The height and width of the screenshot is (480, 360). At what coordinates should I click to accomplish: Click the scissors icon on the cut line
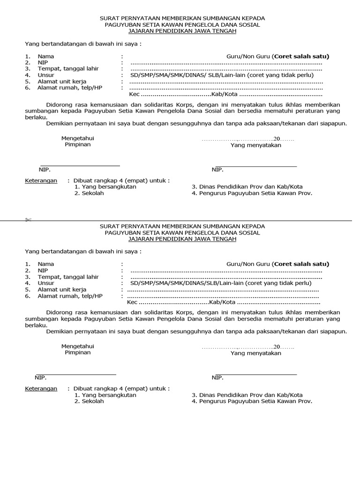click(28, 220)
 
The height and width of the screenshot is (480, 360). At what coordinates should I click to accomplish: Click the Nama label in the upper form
click(46, 56)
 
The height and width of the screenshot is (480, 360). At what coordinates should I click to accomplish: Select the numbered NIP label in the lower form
click(43, 270)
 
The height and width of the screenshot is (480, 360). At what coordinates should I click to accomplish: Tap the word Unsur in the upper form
click(46, 75)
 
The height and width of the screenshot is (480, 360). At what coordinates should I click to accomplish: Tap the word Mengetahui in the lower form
click(78, 346)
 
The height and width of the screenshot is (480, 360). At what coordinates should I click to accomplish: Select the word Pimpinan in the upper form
click(78, 144)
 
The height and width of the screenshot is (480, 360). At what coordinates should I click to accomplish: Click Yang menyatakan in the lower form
click(255, 353)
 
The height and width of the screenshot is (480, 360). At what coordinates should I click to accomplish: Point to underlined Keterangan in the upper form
click(41, 180)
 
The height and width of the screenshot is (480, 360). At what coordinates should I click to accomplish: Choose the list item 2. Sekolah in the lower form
click(89, 401)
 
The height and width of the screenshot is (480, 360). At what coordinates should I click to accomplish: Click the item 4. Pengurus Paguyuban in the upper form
click(252, 193)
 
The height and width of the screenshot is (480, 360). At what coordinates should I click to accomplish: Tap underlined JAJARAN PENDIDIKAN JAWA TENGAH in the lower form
click(182, 239)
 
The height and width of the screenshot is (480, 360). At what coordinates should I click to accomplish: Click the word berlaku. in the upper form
click(36, 117)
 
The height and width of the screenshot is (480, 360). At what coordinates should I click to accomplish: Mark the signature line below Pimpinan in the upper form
click(80, 165)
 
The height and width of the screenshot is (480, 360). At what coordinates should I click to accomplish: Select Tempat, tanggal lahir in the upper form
click(68, 68)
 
